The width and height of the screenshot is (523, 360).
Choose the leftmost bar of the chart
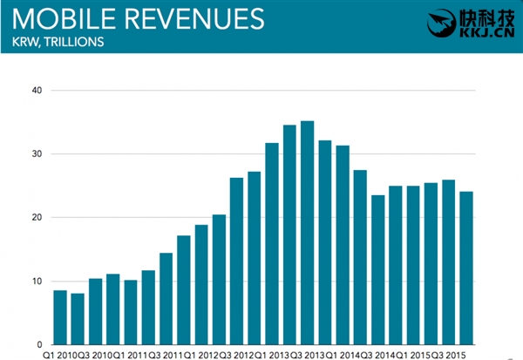point(59,317)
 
